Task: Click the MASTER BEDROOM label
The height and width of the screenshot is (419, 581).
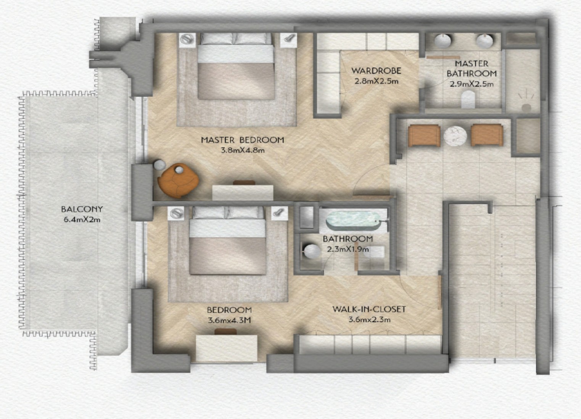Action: coord(243,140)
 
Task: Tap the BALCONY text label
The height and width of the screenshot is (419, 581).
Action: coord(82,209)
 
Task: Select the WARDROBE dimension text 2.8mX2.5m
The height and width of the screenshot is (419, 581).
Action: coord(377,81)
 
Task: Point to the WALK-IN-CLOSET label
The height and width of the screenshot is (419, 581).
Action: coord(369,309)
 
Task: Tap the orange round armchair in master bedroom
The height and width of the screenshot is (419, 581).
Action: coord(178,181)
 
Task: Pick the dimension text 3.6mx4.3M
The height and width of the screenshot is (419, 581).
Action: coord(229,320)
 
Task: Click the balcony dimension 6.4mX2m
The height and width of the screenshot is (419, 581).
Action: coord(82,220)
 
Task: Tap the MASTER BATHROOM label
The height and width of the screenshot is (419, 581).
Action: coord(472,68)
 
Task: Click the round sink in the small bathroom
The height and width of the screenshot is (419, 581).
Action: coord(312,251)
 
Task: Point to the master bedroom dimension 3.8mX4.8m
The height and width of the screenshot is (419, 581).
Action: coord(243,150)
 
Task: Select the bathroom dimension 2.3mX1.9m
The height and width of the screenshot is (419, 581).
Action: coord(348,249)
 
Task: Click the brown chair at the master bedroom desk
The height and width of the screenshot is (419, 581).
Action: coord(244,182)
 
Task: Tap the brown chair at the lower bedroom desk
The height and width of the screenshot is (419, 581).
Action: coord(226,332)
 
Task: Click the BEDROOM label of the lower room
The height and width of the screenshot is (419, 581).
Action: coord(229,310)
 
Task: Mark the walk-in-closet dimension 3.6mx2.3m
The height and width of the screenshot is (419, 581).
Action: coord(369,320)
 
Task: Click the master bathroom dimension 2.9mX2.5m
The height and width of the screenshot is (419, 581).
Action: coord(472,84)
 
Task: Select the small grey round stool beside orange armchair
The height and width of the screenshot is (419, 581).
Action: coord(159,165)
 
